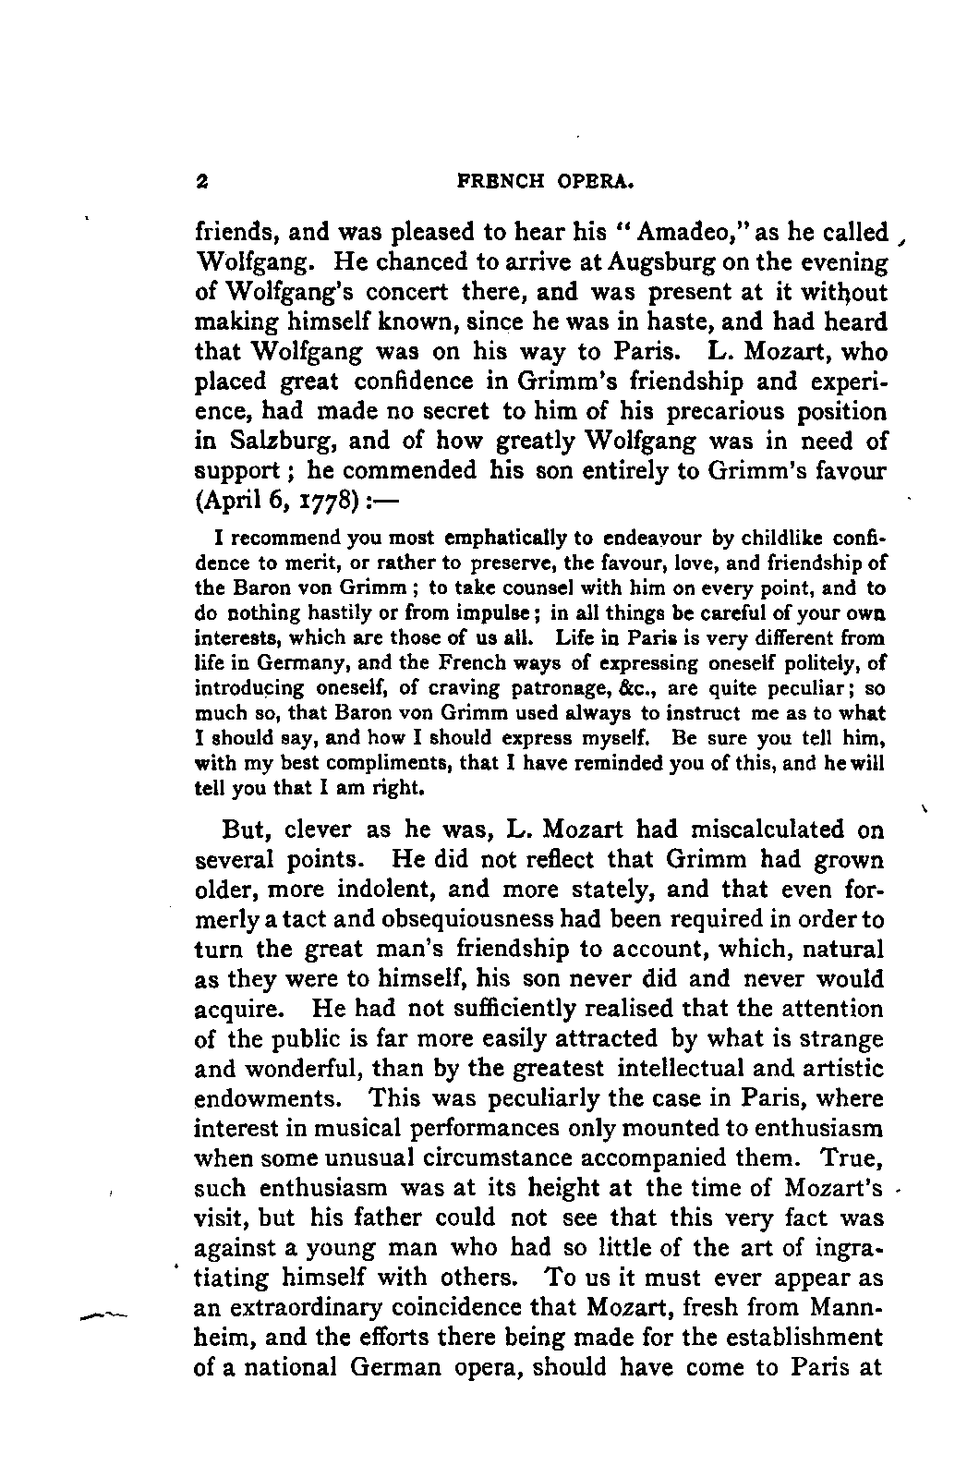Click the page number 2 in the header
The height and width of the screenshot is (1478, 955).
pos(200,182)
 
